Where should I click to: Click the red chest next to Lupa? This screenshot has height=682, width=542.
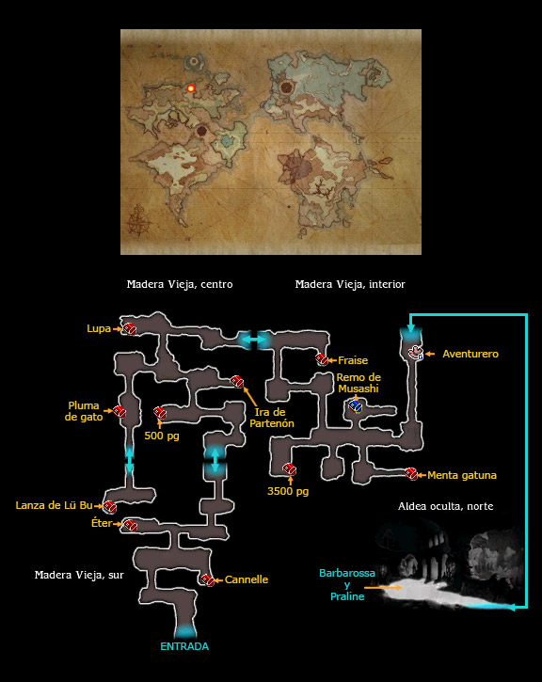click(x=129, y=329)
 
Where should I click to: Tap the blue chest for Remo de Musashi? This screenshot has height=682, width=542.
click(x=356, y=406)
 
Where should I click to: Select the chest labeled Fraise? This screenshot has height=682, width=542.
click(x=322, y=359)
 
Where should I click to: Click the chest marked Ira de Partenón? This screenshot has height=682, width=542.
click(x=236, y=382)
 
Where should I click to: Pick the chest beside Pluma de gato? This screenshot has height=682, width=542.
click(x=120, y=411)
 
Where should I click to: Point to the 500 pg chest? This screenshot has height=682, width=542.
click(x=160, y=412)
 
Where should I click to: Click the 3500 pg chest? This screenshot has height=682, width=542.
click(x=290, y=468)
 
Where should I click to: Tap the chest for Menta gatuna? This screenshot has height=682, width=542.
click(x=411, y=474)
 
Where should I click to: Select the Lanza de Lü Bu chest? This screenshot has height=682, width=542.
click(x=109, y=506)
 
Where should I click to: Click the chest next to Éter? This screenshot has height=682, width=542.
click(x=130, y=525)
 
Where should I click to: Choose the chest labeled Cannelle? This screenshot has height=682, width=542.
click(x=208, y=579)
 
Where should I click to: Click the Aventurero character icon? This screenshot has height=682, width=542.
click(x=417, y=353)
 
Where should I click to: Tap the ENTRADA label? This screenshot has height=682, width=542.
click(x=184, y=646)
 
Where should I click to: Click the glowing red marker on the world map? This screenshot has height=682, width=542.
click(x=190, y=88)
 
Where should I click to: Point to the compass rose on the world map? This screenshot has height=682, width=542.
click(x=138, y=220)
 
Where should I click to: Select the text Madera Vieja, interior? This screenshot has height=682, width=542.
click(x=350, y=284)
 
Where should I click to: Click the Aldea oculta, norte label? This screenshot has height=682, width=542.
click(x=445, y=506)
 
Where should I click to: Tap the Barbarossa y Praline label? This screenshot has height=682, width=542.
click(x=347, y=584)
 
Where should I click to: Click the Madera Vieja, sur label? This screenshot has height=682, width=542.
click(x=79, y=575)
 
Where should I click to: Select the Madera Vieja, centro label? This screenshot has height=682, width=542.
click(x=180, y=284)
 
